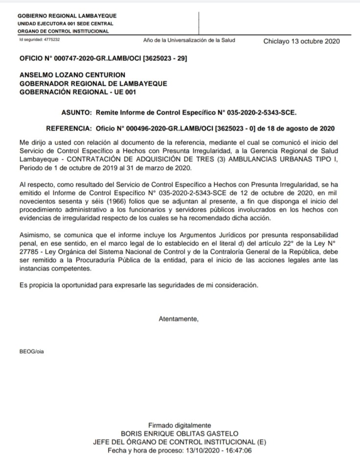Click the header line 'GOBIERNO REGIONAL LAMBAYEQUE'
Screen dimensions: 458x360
[67, 16]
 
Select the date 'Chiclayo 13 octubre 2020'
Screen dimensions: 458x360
[301, 41]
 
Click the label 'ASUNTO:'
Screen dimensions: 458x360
[76, 112]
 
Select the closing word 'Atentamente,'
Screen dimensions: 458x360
[179, 319]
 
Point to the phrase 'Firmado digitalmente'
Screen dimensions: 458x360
[180, 425]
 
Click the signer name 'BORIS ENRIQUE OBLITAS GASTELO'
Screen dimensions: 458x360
[180, 433]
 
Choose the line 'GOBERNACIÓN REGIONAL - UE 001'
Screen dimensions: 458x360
[77, 92]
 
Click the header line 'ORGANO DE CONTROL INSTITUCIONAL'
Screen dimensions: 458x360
[63, 31]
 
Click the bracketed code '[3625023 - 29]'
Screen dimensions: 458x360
[164, 58]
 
